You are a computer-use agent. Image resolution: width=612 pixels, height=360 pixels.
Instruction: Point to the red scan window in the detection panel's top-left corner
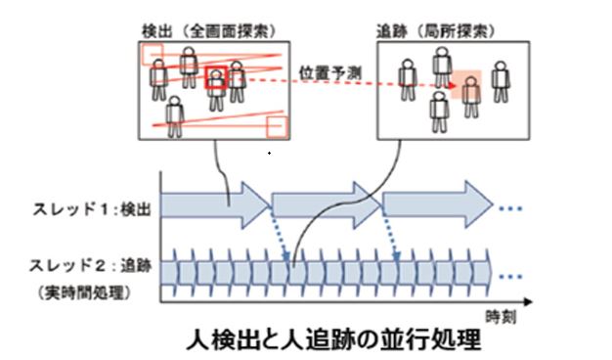(153, 55)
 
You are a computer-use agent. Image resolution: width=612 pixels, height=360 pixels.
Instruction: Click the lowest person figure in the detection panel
(176, 114)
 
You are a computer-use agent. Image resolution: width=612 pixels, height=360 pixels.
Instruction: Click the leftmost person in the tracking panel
(408, 78)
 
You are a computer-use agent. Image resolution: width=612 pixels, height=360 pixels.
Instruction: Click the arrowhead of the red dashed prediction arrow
(452, 85)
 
